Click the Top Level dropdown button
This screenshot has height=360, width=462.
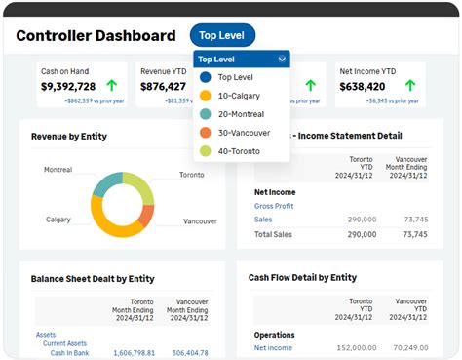[222, 36]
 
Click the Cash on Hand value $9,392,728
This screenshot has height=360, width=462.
[67, 86]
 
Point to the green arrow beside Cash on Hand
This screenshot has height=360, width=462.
[111, 86]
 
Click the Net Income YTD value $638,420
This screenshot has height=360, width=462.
[368, 86]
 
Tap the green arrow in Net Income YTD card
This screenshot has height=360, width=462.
[410, 86]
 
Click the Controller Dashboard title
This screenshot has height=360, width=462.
[96, 36]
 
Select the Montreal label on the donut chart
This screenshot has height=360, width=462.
[58, 170]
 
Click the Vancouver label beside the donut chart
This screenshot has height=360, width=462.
[200, 221]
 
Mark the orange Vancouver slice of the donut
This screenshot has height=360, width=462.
[146, 214]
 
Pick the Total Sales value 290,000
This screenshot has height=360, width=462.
[361, 234]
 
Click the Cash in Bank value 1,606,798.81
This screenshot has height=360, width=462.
[136, 352]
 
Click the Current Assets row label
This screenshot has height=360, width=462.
[63, 343]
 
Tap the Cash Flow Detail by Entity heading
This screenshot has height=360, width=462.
[303, 278]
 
